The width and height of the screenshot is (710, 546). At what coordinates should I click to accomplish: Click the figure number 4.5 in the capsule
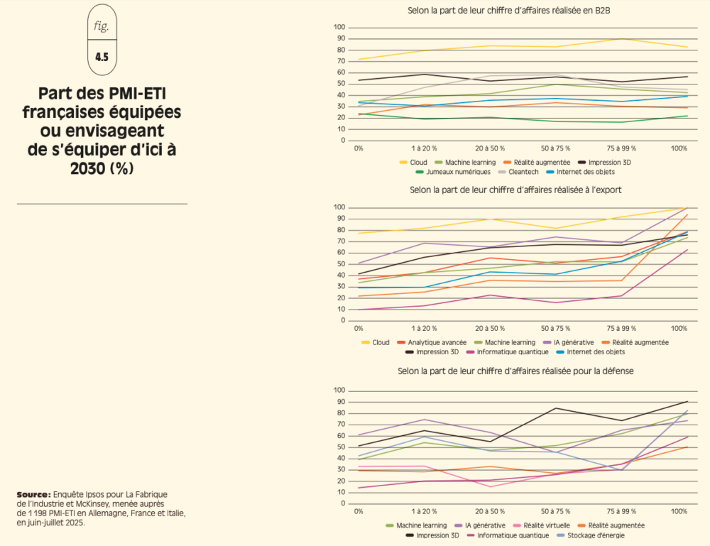[102, 58]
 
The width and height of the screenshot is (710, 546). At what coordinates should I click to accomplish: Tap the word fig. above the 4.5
[102, 26]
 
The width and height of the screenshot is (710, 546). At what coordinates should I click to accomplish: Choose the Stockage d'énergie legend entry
[595, 535]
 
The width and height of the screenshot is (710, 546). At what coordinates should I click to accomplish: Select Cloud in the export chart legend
[381, 342]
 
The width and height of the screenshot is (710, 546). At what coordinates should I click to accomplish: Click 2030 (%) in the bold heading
[102, 170]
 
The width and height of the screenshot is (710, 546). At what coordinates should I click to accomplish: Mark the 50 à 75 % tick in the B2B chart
[555, 149]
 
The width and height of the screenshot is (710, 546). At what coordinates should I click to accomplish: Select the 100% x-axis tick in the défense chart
[679, 513]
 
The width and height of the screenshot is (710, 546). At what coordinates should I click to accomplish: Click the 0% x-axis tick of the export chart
[359, 329]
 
